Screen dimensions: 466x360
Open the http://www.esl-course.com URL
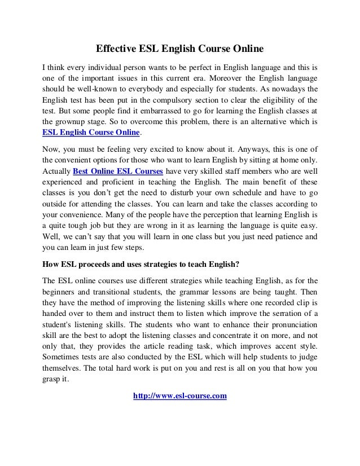(x=179, y=397)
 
